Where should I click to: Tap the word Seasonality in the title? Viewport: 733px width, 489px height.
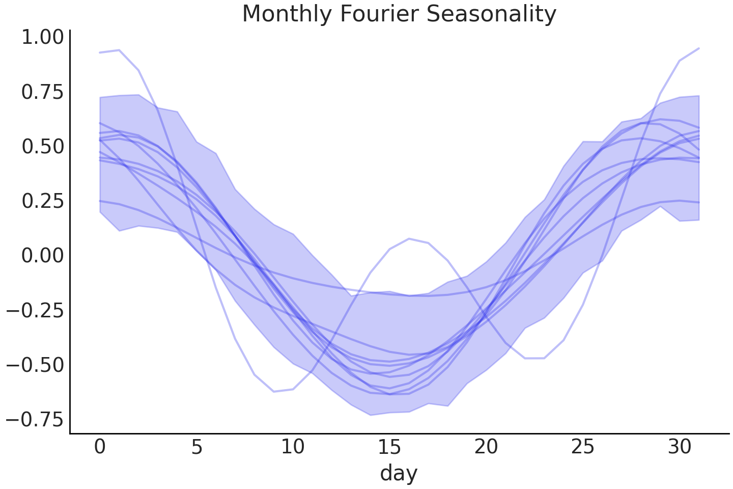(492, 14)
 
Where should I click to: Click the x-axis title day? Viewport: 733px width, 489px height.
(399, 473)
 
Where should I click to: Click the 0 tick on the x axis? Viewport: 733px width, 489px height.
(100, 447)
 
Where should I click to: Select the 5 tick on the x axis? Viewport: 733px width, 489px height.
(196, 447)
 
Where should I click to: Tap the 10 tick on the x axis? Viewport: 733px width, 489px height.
(293, 447)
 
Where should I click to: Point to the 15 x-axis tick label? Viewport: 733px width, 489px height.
(389, 447)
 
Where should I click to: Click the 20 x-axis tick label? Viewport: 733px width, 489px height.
(486, 447)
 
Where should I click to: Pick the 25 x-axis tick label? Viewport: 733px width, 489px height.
(582, 447)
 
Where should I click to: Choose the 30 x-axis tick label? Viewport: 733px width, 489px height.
(679, 447)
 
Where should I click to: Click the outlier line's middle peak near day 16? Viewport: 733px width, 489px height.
(409, 238)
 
